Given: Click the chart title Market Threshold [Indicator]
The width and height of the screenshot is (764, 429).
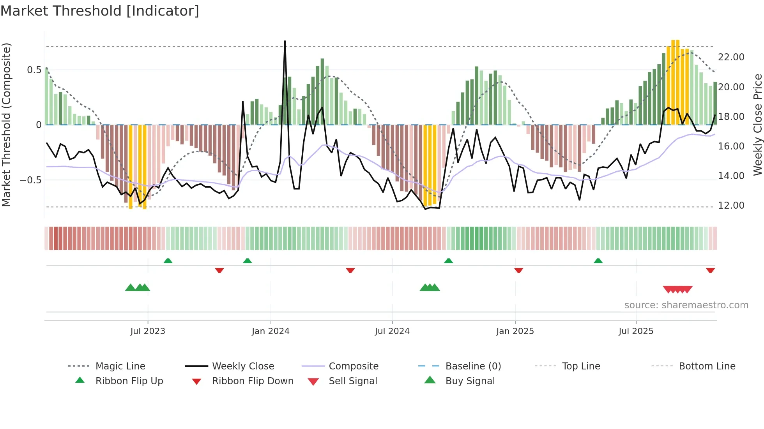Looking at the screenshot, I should click(x=100, y=11).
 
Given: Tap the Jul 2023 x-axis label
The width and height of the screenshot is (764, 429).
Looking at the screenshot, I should click(x=148, y=331).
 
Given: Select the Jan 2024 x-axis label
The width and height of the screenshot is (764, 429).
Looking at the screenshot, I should click(x=271, y=331).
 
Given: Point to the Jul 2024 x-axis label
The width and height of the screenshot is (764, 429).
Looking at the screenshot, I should click(x=392, y=331).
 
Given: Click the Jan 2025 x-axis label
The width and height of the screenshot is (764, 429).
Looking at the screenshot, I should click(x=515, y=331).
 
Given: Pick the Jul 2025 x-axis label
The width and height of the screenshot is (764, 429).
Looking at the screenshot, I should click(x=636, y=331).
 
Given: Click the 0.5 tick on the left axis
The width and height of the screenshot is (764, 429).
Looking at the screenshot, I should click(x=34, y=70).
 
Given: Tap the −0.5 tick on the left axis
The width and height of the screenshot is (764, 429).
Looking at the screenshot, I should click(x=31, y=180).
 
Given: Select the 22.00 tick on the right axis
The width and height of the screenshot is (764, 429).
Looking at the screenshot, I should click(x=731, y=57).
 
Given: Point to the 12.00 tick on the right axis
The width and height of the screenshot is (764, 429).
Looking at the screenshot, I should click(x=731, y=206).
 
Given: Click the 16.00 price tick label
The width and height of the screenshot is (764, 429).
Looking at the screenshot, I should click(x=731, y=146).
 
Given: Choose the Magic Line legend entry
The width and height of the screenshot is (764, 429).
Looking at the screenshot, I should click(x=120, y=366).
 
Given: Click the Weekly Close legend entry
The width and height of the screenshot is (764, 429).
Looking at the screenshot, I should click(x=243, y=366).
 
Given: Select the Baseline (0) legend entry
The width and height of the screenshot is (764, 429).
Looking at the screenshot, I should click(x=473, y=366).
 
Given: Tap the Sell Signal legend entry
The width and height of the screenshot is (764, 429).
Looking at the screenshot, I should click(x=353, y=381).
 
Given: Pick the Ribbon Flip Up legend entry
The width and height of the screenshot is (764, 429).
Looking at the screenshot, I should click(x=129, y=381).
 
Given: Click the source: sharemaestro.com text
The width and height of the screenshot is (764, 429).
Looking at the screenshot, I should click(x=686, y=305).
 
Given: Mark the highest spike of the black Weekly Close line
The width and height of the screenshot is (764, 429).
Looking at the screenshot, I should click(x=285, y=41).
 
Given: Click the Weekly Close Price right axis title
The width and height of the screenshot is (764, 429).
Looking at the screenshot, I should click(x=757, y=125).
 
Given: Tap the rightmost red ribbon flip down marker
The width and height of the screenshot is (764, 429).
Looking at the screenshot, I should click(x=710, y=270).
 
